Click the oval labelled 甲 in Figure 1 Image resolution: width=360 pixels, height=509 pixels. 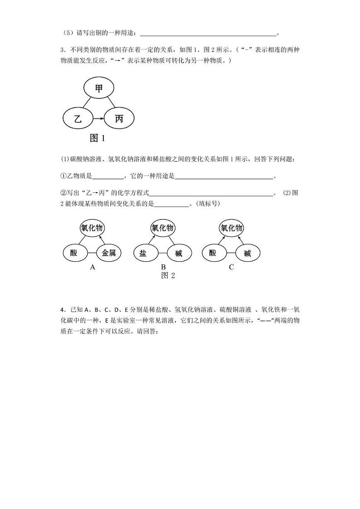[99, 88]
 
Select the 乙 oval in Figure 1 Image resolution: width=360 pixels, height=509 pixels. [78, 119]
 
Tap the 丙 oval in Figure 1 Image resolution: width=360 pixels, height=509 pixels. [119, 119]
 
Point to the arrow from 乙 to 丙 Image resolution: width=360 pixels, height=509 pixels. [98, 119]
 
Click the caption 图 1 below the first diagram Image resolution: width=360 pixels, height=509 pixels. [97, 138]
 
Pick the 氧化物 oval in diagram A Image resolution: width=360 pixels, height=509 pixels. [92, 228]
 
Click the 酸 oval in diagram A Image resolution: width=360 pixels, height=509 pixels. [74, 253]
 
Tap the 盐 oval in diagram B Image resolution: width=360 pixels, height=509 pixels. [144, 253]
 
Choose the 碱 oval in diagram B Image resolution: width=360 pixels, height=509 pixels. [179, 253]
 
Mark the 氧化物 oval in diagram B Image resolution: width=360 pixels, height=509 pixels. [162, 228]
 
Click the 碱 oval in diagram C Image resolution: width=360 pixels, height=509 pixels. [247, 253]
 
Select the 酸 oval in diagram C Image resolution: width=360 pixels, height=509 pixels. [213, 253]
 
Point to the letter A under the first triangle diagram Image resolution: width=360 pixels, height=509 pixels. [92, 267]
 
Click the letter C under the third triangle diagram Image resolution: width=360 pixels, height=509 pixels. [231, 267]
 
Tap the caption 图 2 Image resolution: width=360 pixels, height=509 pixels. [168, 276]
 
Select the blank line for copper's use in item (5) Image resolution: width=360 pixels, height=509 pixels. [209, 34]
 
